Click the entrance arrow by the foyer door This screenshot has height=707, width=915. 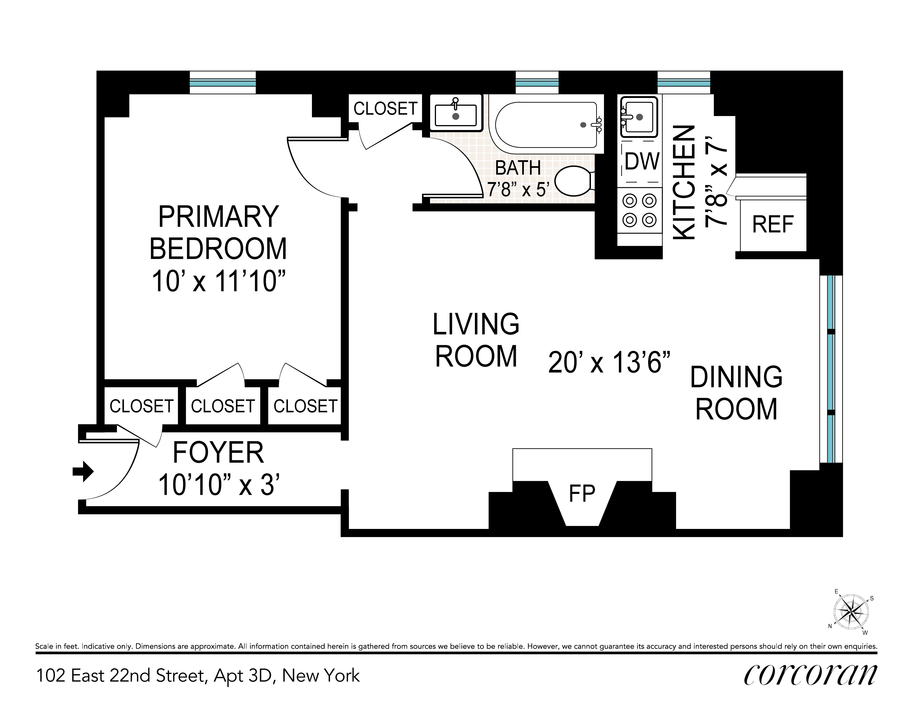click(x=83, y=471)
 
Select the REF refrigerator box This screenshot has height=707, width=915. click(x=773, y=225)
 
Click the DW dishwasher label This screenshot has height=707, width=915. click(x=642, y=161)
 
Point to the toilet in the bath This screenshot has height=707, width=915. click(x=573, y=181)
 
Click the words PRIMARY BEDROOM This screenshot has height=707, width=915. click(x=218, y=233)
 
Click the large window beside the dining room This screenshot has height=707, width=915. click(x=831, y=369)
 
